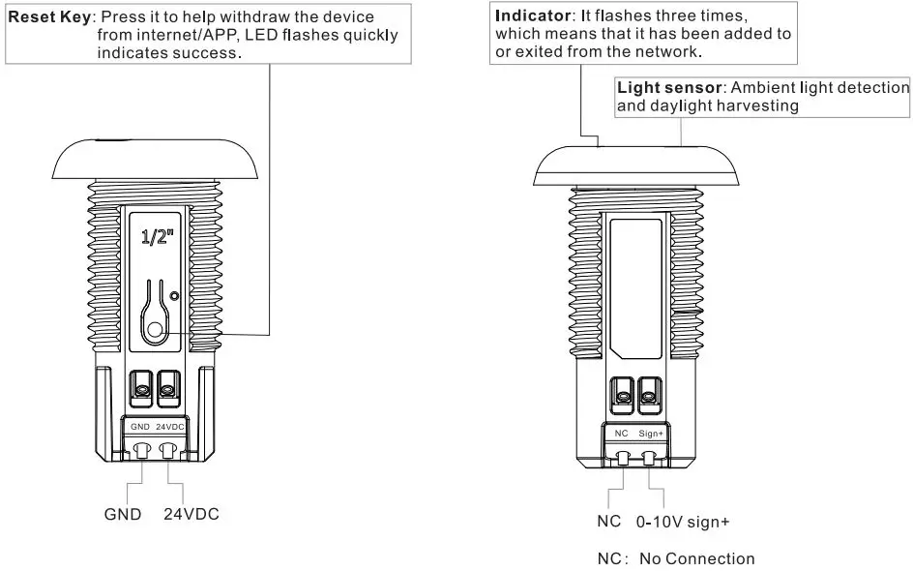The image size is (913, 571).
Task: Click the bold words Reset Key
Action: pyautogui.click(x=48, y=17)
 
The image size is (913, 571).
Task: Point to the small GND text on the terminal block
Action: pyautogui.click(x=140, y=426)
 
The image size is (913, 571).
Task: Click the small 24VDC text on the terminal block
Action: pyautogui.click(x=170, y=426)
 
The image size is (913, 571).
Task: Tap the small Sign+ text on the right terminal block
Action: pyautogui.click(x=652, y=434)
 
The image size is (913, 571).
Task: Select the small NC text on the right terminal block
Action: pyautogui.click(x=622, y=434)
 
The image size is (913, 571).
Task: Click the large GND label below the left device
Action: pyautogui.click(x=123, y=514)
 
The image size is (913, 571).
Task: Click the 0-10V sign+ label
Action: pyautogui.click(x=682, y=522)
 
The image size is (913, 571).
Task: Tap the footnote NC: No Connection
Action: pyautogui.click(x=674, y=558)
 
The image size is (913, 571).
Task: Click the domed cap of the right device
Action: pyautogui.click(x=637, y=165)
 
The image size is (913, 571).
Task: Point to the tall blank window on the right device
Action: pyautogui.click(x=636, y=287)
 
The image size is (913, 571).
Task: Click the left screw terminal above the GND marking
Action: pyautogui.click(x=140, y=389)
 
